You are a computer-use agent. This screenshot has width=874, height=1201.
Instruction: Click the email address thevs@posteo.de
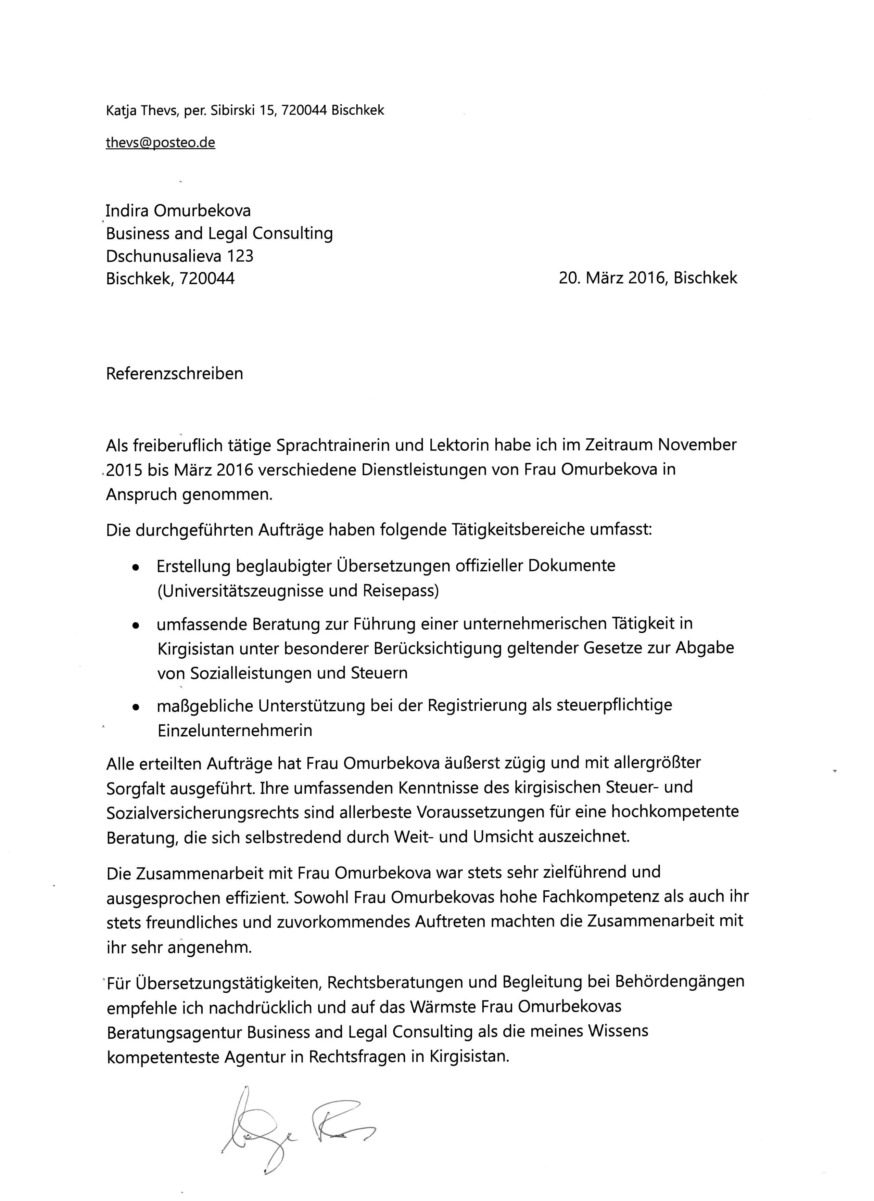(161, 142)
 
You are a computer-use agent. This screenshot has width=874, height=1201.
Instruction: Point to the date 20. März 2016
(612, 278)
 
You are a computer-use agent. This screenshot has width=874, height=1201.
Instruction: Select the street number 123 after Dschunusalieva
(240, 256)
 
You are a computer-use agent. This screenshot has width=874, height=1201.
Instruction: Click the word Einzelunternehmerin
(235, 730)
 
